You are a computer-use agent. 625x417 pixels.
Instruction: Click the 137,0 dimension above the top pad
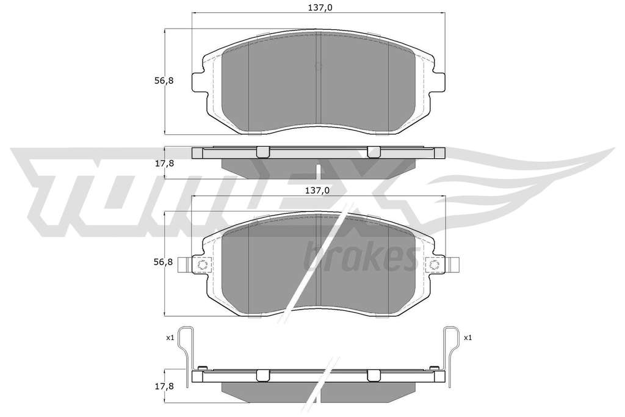pyautogui.click(x=317, y=7)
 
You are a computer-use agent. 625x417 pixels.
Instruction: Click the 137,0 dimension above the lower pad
pyautogui.click(x=317, y=190)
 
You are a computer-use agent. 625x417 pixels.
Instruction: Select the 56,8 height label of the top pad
pyautogui.click(x=164, y=81)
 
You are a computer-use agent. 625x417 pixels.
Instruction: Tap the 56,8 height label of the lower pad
pyautogui.click(x=164, y=262)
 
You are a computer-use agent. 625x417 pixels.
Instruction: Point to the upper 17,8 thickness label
pyautogui.click(x=164, y=163)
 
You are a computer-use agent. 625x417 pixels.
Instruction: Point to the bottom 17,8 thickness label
pyautogui.click(x=164, y=386)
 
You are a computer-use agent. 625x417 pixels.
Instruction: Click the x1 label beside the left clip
pyautogui.click(x=170, y=338)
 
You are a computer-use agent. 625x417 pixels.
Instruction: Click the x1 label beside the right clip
pyautogui.click(x=468, y=338)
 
